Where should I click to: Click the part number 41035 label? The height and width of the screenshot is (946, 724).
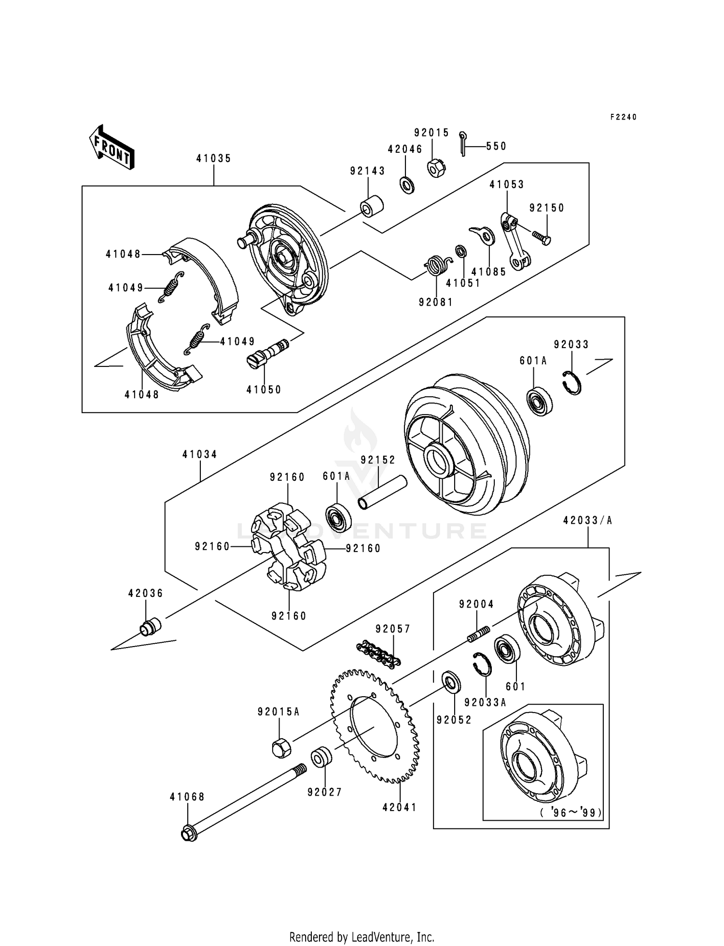(x=213, y=159)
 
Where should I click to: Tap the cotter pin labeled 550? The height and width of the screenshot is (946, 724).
(x=463, y=144)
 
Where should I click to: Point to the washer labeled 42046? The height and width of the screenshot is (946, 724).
(x=406, y=184)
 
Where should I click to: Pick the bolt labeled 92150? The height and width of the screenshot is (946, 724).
(x=542, y=237)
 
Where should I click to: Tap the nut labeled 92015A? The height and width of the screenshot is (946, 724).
(x=280, y=748)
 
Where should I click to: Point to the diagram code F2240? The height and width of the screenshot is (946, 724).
(x=623, y=117)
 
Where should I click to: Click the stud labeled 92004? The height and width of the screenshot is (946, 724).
(x=478, y=634)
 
